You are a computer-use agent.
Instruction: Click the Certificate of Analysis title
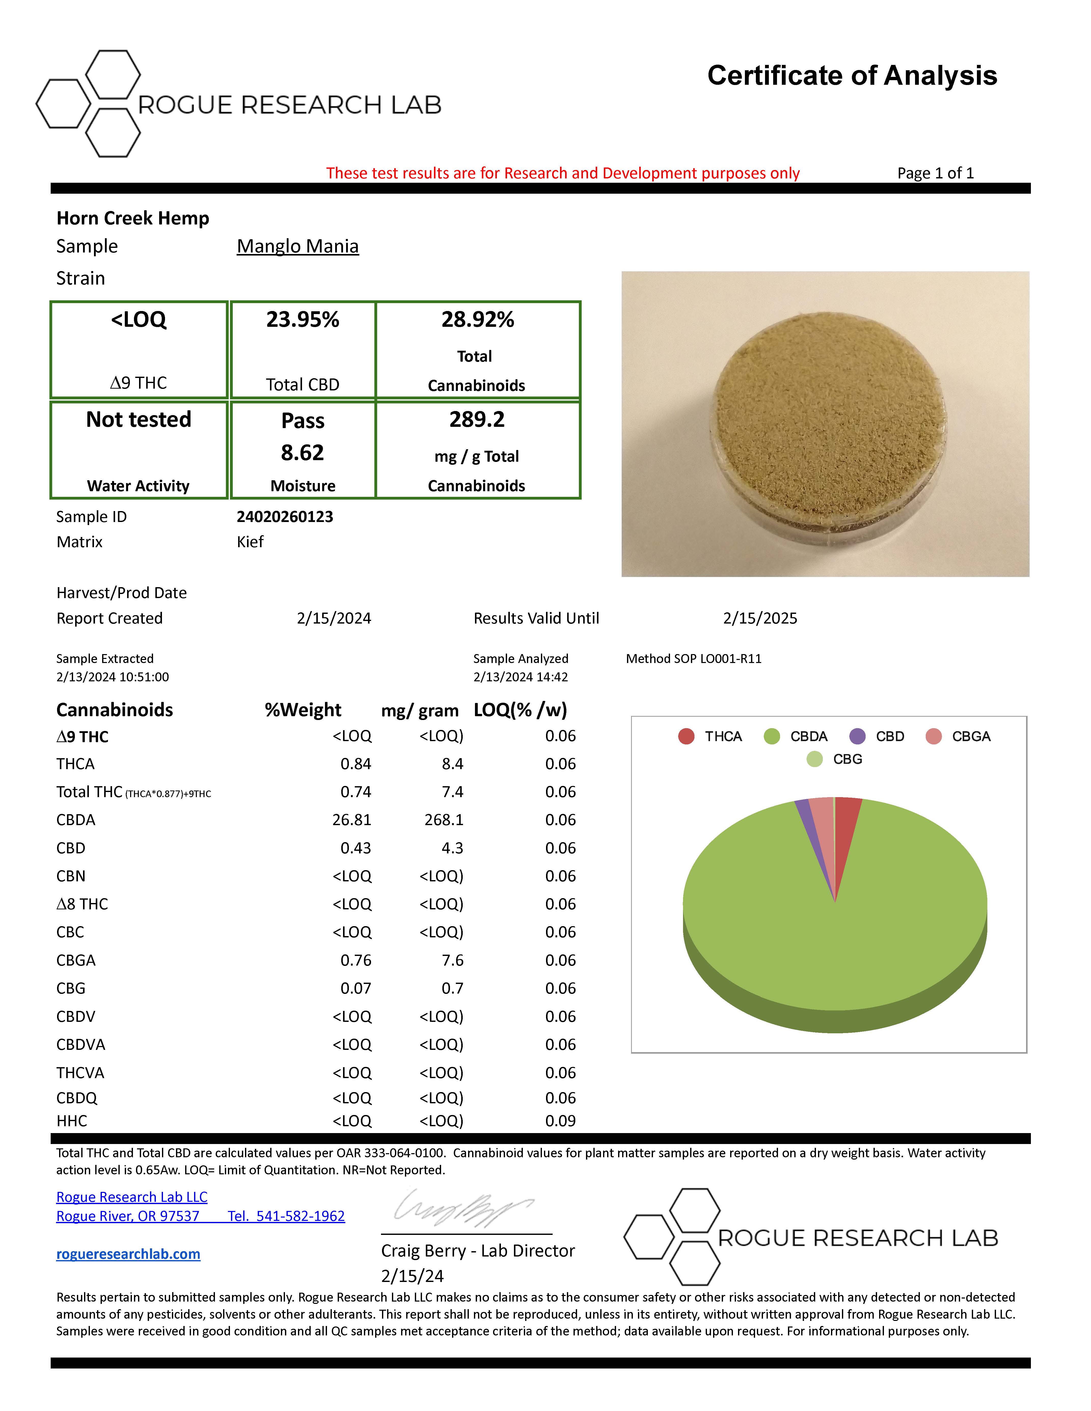(852, 76)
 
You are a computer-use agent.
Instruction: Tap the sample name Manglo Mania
(297, 246)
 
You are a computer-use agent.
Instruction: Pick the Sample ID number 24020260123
(285, 517)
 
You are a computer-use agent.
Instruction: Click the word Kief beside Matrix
(250, 542)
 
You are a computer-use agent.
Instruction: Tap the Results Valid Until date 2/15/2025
(760, 618)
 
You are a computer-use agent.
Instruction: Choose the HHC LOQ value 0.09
(560, 1121)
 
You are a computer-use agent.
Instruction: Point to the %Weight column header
(303, 710)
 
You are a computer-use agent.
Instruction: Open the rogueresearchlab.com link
(128, 1254)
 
